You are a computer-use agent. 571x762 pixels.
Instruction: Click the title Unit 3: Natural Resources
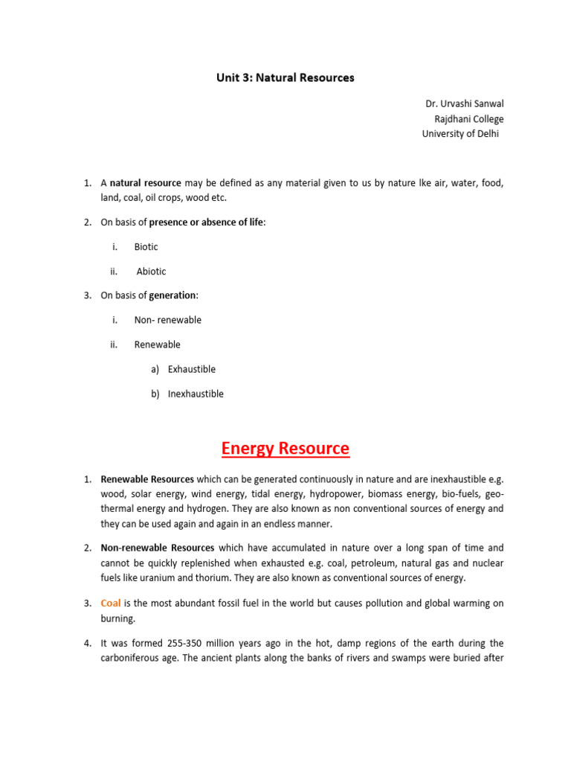coord(285,77)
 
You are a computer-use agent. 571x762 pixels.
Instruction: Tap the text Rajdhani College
coord(468,119)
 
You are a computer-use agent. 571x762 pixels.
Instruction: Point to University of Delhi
coord(461,134)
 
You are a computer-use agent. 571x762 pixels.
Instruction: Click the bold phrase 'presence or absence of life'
coord(206,222)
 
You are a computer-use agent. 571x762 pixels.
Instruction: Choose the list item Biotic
coord(146,247)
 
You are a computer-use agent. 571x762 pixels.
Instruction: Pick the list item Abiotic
coord(151,272)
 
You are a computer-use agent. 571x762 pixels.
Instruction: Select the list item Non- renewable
coord(167,320)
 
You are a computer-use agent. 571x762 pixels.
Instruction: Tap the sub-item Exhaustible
coord(191,369)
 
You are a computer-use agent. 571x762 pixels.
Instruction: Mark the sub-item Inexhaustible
coord(196,394)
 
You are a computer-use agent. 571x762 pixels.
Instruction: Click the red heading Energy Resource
coord(285,449)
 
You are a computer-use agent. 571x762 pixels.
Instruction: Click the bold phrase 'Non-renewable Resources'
coord(158,548)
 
